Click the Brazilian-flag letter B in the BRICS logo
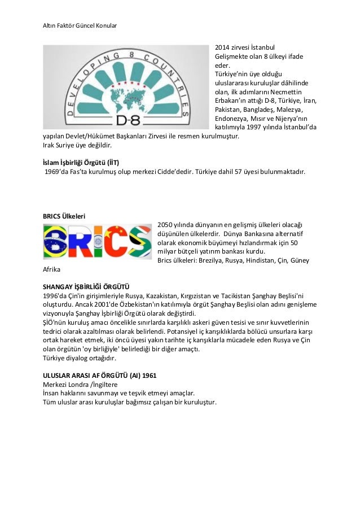coord(55,241)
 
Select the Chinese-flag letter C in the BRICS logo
coord(115,241)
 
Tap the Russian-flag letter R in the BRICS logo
coord(77,242)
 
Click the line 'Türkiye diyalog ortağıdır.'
coord(80,358)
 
